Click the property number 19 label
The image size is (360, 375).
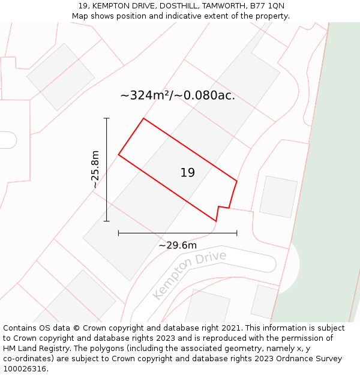tap(187, 173)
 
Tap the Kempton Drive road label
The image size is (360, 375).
tap(189, 275)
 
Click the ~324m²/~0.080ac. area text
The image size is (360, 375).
tap(178, 95)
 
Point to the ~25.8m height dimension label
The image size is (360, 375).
tap(95, 170)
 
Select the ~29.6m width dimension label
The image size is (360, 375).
tap(178, 245)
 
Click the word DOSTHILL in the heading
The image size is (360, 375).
tap(176, 6)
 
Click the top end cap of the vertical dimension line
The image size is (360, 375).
tap(107, 118)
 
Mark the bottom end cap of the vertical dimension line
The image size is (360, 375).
tap(107, 221)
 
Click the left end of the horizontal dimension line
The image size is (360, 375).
tap(119, 233)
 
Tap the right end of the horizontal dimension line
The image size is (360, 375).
tap(237, 233)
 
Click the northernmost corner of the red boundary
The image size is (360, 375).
tap(143, 118)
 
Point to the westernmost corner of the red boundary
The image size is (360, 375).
tap(119, 155)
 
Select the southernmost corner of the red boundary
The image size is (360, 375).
tap(216, 221)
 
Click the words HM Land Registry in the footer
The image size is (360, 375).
tap(35, 348)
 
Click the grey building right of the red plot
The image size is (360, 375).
tap(278, 197)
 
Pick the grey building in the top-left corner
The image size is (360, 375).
tap(61, 77)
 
